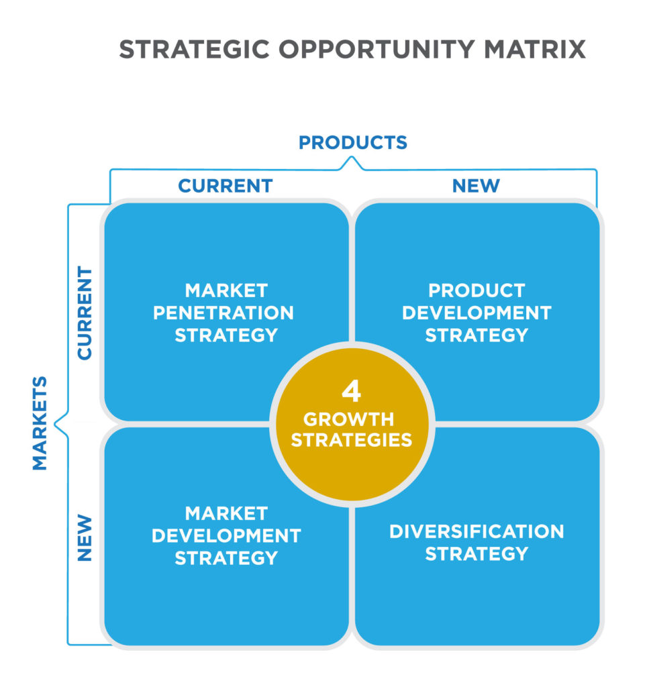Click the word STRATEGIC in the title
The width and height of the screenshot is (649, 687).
[194, 49]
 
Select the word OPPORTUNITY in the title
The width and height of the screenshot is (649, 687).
[377, 49]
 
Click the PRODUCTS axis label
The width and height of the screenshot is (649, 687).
[353, 142]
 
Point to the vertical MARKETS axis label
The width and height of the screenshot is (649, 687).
[40, 423]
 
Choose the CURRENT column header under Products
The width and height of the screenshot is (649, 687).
[226, 186]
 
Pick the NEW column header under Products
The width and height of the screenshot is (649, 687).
[476, 186]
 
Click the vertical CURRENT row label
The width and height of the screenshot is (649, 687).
[85, 313]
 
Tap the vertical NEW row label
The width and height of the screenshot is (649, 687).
[85, 537]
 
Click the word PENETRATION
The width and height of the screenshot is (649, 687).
[223, 313]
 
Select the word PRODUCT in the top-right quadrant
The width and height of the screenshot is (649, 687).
[477, 290]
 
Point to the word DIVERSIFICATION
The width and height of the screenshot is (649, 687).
[477, 531]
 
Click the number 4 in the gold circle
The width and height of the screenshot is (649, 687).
[352, 391]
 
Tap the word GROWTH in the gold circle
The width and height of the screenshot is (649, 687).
[349, 419]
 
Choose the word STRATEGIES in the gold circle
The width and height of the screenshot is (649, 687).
[352, 440]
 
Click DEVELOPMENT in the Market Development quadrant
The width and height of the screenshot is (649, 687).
[226, 536]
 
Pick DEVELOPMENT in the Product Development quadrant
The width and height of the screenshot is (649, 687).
[477, 313]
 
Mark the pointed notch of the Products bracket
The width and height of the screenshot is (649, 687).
[352, 157]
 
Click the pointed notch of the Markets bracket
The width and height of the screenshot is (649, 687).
[55, 424]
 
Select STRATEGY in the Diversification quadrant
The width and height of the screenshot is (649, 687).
[477, 553]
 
